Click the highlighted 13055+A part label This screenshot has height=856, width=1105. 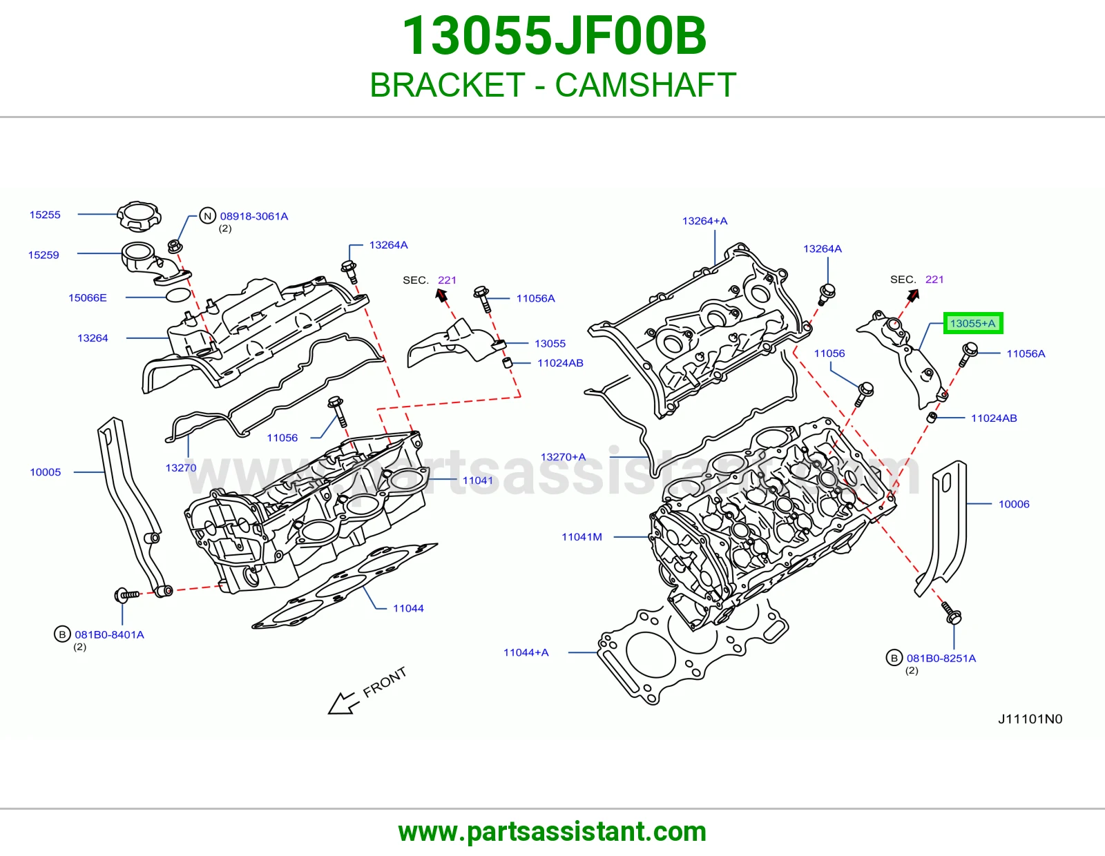[973, 323]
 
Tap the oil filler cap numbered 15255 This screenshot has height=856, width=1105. [139, 217]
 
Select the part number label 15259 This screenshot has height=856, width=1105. [44, 255]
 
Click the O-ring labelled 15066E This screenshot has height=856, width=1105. [178, 295]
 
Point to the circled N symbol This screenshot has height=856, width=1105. [207, 216]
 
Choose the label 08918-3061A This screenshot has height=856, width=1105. [253, 217]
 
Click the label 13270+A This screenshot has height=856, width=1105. [563, 457]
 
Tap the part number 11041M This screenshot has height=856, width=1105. [582, 537]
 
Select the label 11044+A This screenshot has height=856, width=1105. [526, 652]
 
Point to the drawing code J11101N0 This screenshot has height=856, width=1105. [1030, 719]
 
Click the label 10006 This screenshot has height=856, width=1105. [1014, 504]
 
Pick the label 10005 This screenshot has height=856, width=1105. [46, 472]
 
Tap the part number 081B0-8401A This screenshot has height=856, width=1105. [109, 635]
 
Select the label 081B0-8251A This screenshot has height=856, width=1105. [941, 659]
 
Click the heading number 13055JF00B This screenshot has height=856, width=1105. [554, 36]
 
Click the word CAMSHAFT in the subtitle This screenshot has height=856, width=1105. [646, 85]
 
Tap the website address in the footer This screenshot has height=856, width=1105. [552, 832]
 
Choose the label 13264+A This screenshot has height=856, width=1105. [705, 221]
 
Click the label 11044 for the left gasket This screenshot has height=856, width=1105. [408, 608]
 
